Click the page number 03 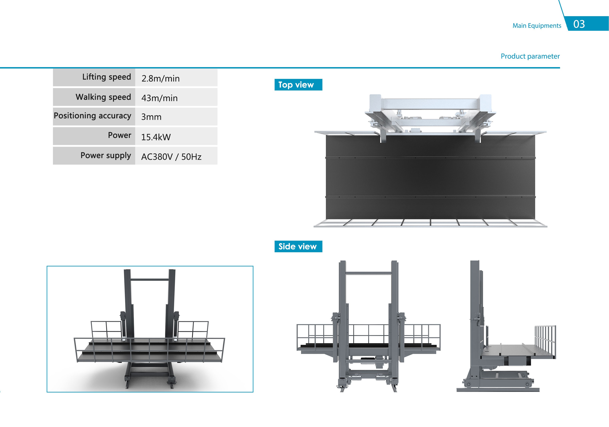click(x=579, y=24)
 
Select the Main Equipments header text click(x=537, y=26)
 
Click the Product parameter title click(x=530, y=56)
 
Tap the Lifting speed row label click(x=107, y=77)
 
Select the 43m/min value click(x=159, y=98)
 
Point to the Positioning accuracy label click(x=93, y=116)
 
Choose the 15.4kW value click(x=156, y=137)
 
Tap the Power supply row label click(x=106, y=155)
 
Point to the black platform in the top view click(x=430, y=177)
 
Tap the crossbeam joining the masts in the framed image click(x=150, y=279)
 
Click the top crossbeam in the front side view click(x=368, y=273)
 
